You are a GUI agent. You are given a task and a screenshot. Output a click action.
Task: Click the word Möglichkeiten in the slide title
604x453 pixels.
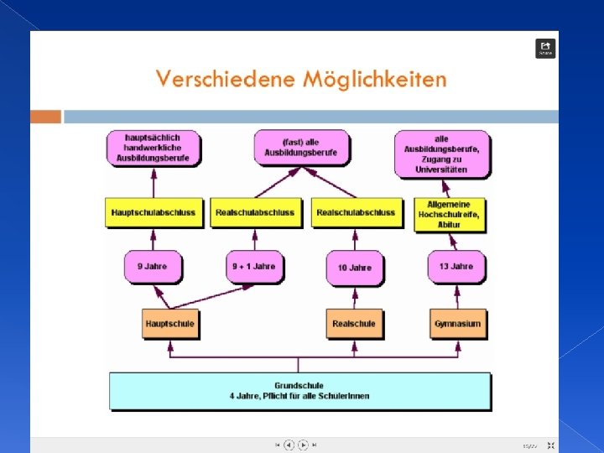point(374,80)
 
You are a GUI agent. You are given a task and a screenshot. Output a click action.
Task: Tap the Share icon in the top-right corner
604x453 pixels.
point(545,48)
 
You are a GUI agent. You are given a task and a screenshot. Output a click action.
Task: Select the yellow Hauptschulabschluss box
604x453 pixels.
point(153,212)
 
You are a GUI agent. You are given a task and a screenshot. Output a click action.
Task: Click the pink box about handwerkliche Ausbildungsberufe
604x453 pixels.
point(153,148)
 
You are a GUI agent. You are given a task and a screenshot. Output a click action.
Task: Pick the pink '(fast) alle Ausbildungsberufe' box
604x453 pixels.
point(300,148)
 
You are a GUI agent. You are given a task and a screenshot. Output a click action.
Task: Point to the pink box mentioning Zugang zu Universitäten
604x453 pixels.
point(441,154)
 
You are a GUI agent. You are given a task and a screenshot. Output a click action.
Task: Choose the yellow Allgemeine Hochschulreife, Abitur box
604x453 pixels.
point(449,213)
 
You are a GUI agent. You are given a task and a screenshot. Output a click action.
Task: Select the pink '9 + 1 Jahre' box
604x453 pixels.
point(253,267)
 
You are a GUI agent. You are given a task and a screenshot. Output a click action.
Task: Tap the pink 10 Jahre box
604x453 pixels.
point(354,268)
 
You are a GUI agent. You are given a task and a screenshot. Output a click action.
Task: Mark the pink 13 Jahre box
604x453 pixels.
point(456,267)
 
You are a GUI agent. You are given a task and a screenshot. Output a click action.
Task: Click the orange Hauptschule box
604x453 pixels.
point(170,324)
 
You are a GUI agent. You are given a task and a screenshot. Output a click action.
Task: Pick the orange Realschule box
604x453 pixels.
point(354,324)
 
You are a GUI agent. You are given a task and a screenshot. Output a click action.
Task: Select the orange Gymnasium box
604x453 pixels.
point(458,324)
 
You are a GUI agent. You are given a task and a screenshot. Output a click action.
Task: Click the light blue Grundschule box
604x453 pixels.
point(299,391)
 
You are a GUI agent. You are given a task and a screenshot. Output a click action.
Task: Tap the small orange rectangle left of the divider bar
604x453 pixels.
point(46,117)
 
